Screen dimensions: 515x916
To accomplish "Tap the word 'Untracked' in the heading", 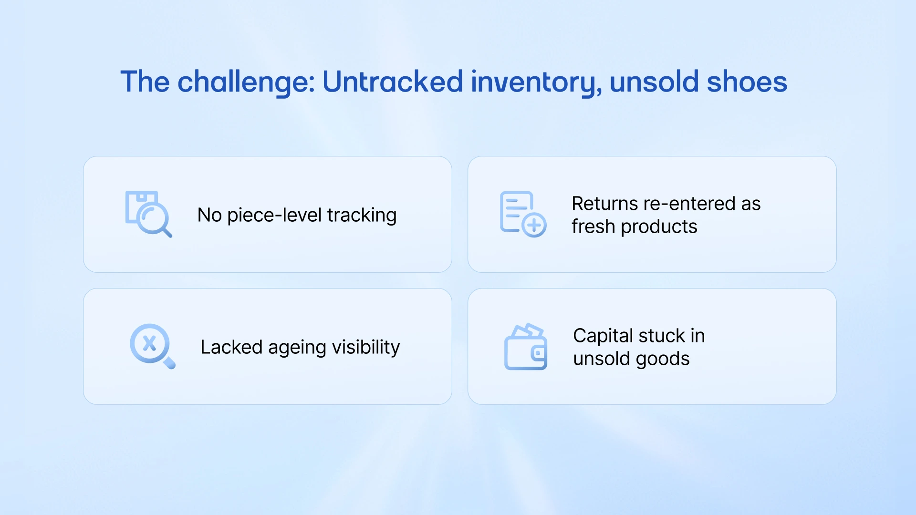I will (392, 82).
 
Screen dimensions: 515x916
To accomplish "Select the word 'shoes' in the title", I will (747, 82).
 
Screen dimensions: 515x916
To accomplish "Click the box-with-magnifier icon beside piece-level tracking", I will (148, 214).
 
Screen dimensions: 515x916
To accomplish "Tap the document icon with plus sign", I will (522, 214).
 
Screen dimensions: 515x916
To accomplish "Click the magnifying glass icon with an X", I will (152, 346).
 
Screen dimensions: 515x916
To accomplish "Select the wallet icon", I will (526, 347).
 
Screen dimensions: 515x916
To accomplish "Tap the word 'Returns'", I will (604, 204).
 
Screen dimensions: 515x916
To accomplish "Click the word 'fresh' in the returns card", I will (593, 227).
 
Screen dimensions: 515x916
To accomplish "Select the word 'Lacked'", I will (231, 347).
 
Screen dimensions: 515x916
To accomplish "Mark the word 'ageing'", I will (298, 347).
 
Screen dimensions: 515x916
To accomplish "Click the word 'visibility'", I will (366, 347).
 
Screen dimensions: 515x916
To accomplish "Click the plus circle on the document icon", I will (534, 225).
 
